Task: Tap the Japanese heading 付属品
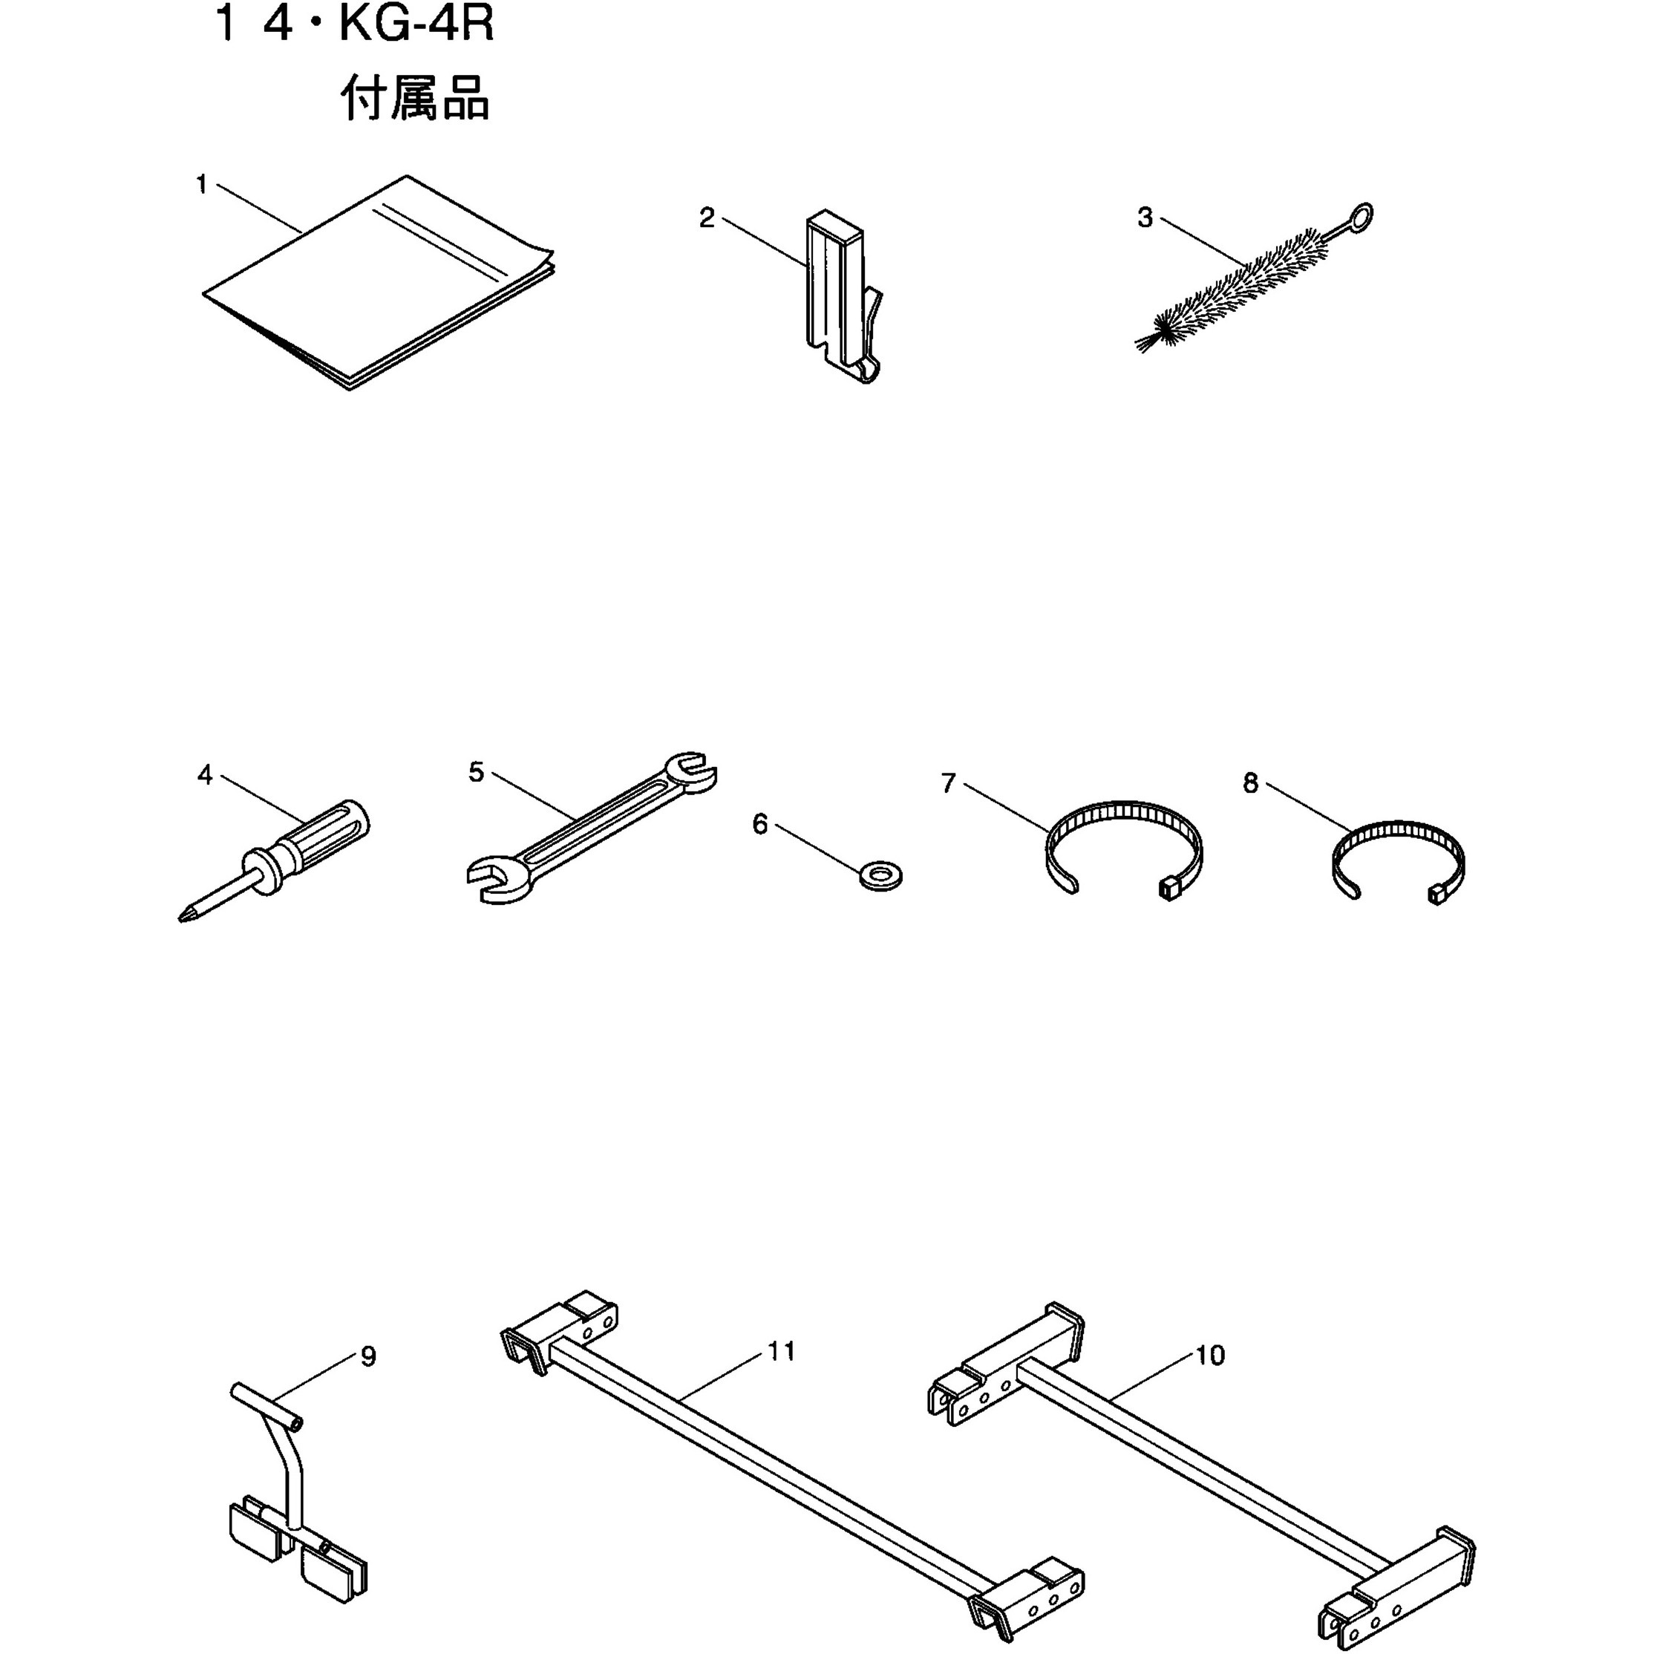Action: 415,99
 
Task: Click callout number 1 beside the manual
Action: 202,184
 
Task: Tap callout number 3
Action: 1145,218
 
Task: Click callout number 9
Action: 368,1357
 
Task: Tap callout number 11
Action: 782,1352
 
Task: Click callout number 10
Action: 1209,1356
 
